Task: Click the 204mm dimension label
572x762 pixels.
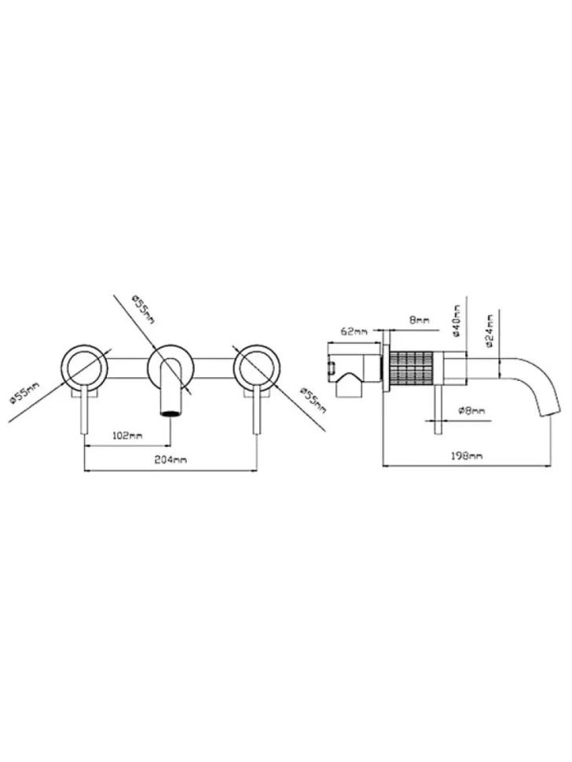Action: click(170, 460)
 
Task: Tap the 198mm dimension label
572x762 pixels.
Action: click(467, 456)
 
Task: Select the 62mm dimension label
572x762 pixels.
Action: click(354, 332)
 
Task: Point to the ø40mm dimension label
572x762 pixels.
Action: click(456, 321)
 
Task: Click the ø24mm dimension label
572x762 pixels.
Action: click(489, 332)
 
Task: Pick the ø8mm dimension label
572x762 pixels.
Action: click(471, 411)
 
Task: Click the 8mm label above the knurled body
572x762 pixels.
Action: click(420, 321)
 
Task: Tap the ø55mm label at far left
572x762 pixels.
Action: click(24, 393)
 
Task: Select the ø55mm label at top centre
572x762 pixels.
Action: click(143, 310)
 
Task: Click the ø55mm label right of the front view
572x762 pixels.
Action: click(313, 400)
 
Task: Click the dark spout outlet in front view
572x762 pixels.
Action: click(170, 414)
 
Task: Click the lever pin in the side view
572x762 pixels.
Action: click(439, 409)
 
